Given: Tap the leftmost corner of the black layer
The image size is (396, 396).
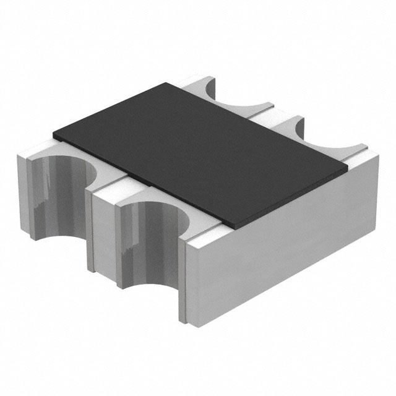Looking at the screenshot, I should pyautogui.click(x=54, y=134).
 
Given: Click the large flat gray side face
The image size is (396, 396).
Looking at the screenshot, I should pyautogui.click(x=282, y=247).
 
